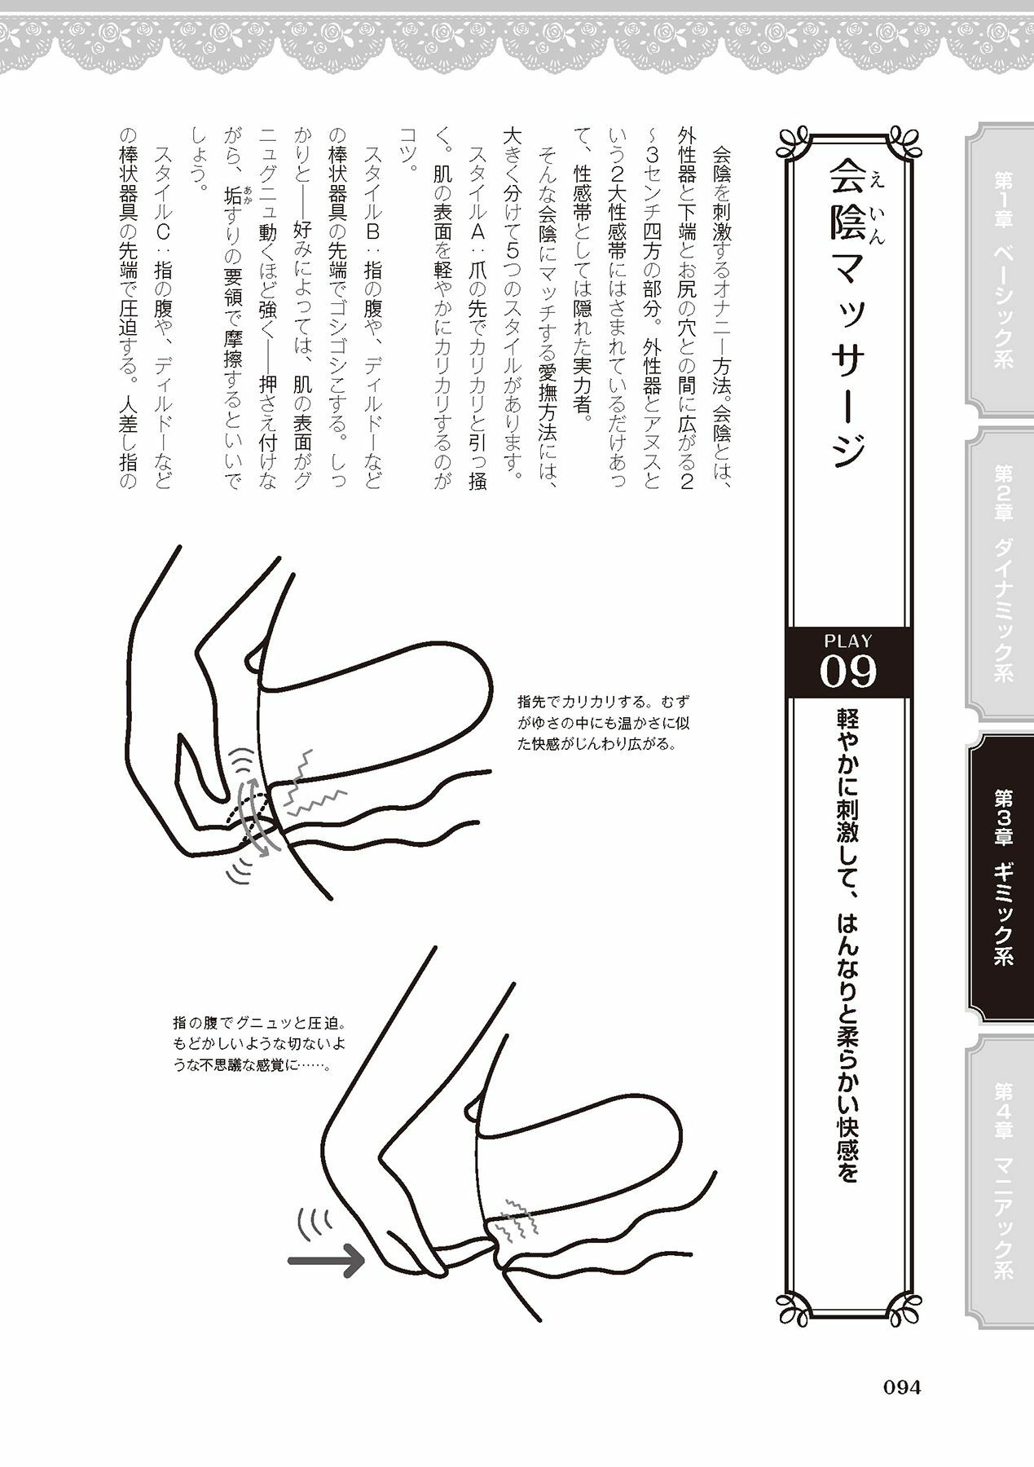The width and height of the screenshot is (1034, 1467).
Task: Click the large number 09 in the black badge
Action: [848, 672]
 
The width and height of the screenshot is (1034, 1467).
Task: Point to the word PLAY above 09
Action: [848, 641]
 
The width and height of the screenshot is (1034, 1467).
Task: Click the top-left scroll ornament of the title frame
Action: [792, 140]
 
